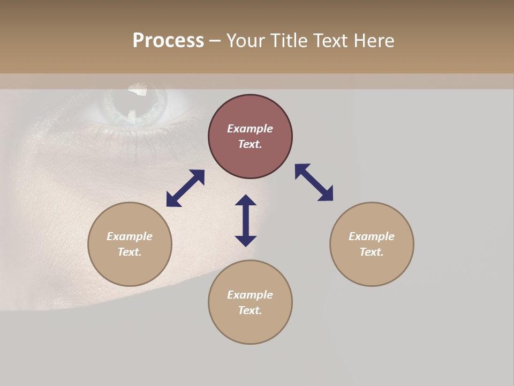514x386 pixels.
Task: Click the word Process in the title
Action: [168, 41]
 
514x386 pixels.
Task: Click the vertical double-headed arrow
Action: [246, 220]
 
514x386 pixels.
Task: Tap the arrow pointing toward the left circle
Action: [185, 188]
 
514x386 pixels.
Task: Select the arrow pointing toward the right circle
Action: [314, 182]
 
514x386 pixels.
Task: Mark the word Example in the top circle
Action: [250, 129]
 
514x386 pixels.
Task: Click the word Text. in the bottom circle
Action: [250, 310]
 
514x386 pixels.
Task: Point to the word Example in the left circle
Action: [130, 236]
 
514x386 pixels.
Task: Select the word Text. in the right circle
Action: [372, 252]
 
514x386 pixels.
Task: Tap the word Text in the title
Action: [330, 41]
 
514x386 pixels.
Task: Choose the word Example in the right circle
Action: [372, 236]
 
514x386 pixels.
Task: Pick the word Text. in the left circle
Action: [130, 252]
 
